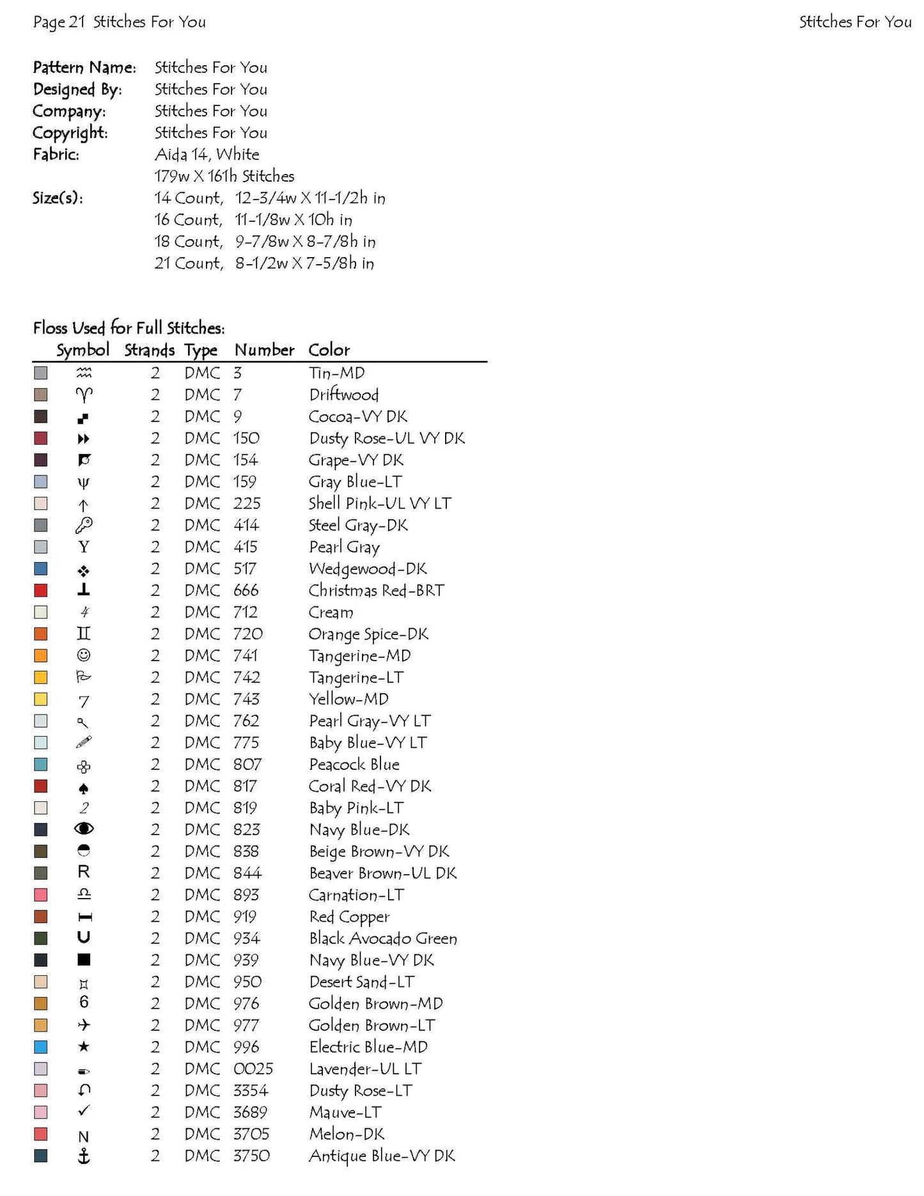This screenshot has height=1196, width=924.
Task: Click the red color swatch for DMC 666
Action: coord(41,590)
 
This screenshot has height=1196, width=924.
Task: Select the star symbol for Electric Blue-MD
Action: coord(84,1047)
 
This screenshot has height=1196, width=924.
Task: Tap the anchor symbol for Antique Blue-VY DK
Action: coord(84,1156)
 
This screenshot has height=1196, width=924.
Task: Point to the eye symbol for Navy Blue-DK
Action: coord(84,829)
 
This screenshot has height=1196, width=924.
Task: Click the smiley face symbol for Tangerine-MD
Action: coord(84,656)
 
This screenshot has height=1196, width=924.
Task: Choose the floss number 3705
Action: coord(251,1134)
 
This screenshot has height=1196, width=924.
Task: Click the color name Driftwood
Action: coord(344,395)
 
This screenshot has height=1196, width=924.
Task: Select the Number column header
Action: coord(264,350)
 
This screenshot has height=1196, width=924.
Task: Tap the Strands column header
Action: coord(149,350)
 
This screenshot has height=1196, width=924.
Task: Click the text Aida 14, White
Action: coord(207,155)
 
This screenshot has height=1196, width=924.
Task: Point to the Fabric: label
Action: coord(56,155)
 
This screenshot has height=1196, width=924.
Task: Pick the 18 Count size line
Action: coord(265,242)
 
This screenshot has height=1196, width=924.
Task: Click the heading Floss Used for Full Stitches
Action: coord(129,328)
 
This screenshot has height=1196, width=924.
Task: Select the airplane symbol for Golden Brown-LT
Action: coord(84,1025)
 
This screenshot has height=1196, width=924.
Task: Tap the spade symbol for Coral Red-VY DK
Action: coord(84,788)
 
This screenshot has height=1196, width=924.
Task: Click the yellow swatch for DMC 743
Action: coord(41,699)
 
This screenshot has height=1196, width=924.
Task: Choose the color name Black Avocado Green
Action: coord(383,938)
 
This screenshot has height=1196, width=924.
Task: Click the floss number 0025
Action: coord(253,1069)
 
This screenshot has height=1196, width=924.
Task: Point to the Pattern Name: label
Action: coord(84,68)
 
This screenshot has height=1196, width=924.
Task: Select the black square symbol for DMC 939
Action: coord(84,959)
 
